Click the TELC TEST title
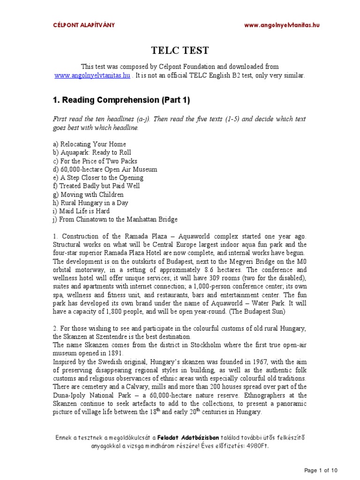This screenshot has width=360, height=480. [x=180, y=51]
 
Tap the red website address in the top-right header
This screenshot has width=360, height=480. [x=282, y=25]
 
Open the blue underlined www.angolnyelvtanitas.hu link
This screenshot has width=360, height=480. [x=92, y=75]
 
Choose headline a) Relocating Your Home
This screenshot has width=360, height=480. [x=89, y=144]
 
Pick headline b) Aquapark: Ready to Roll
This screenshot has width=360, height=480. [x=92, y=153]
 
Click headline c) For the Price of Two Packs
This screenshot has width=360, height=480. [x=95, y=161]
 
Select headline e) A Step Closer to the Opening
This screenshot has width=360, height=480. [x=98, y=178]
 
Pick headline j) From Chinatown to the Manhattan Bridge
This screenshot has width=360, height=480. [x=115, y=220]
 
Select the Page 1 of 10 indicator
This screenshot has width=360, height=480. [x=321, y=470]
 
